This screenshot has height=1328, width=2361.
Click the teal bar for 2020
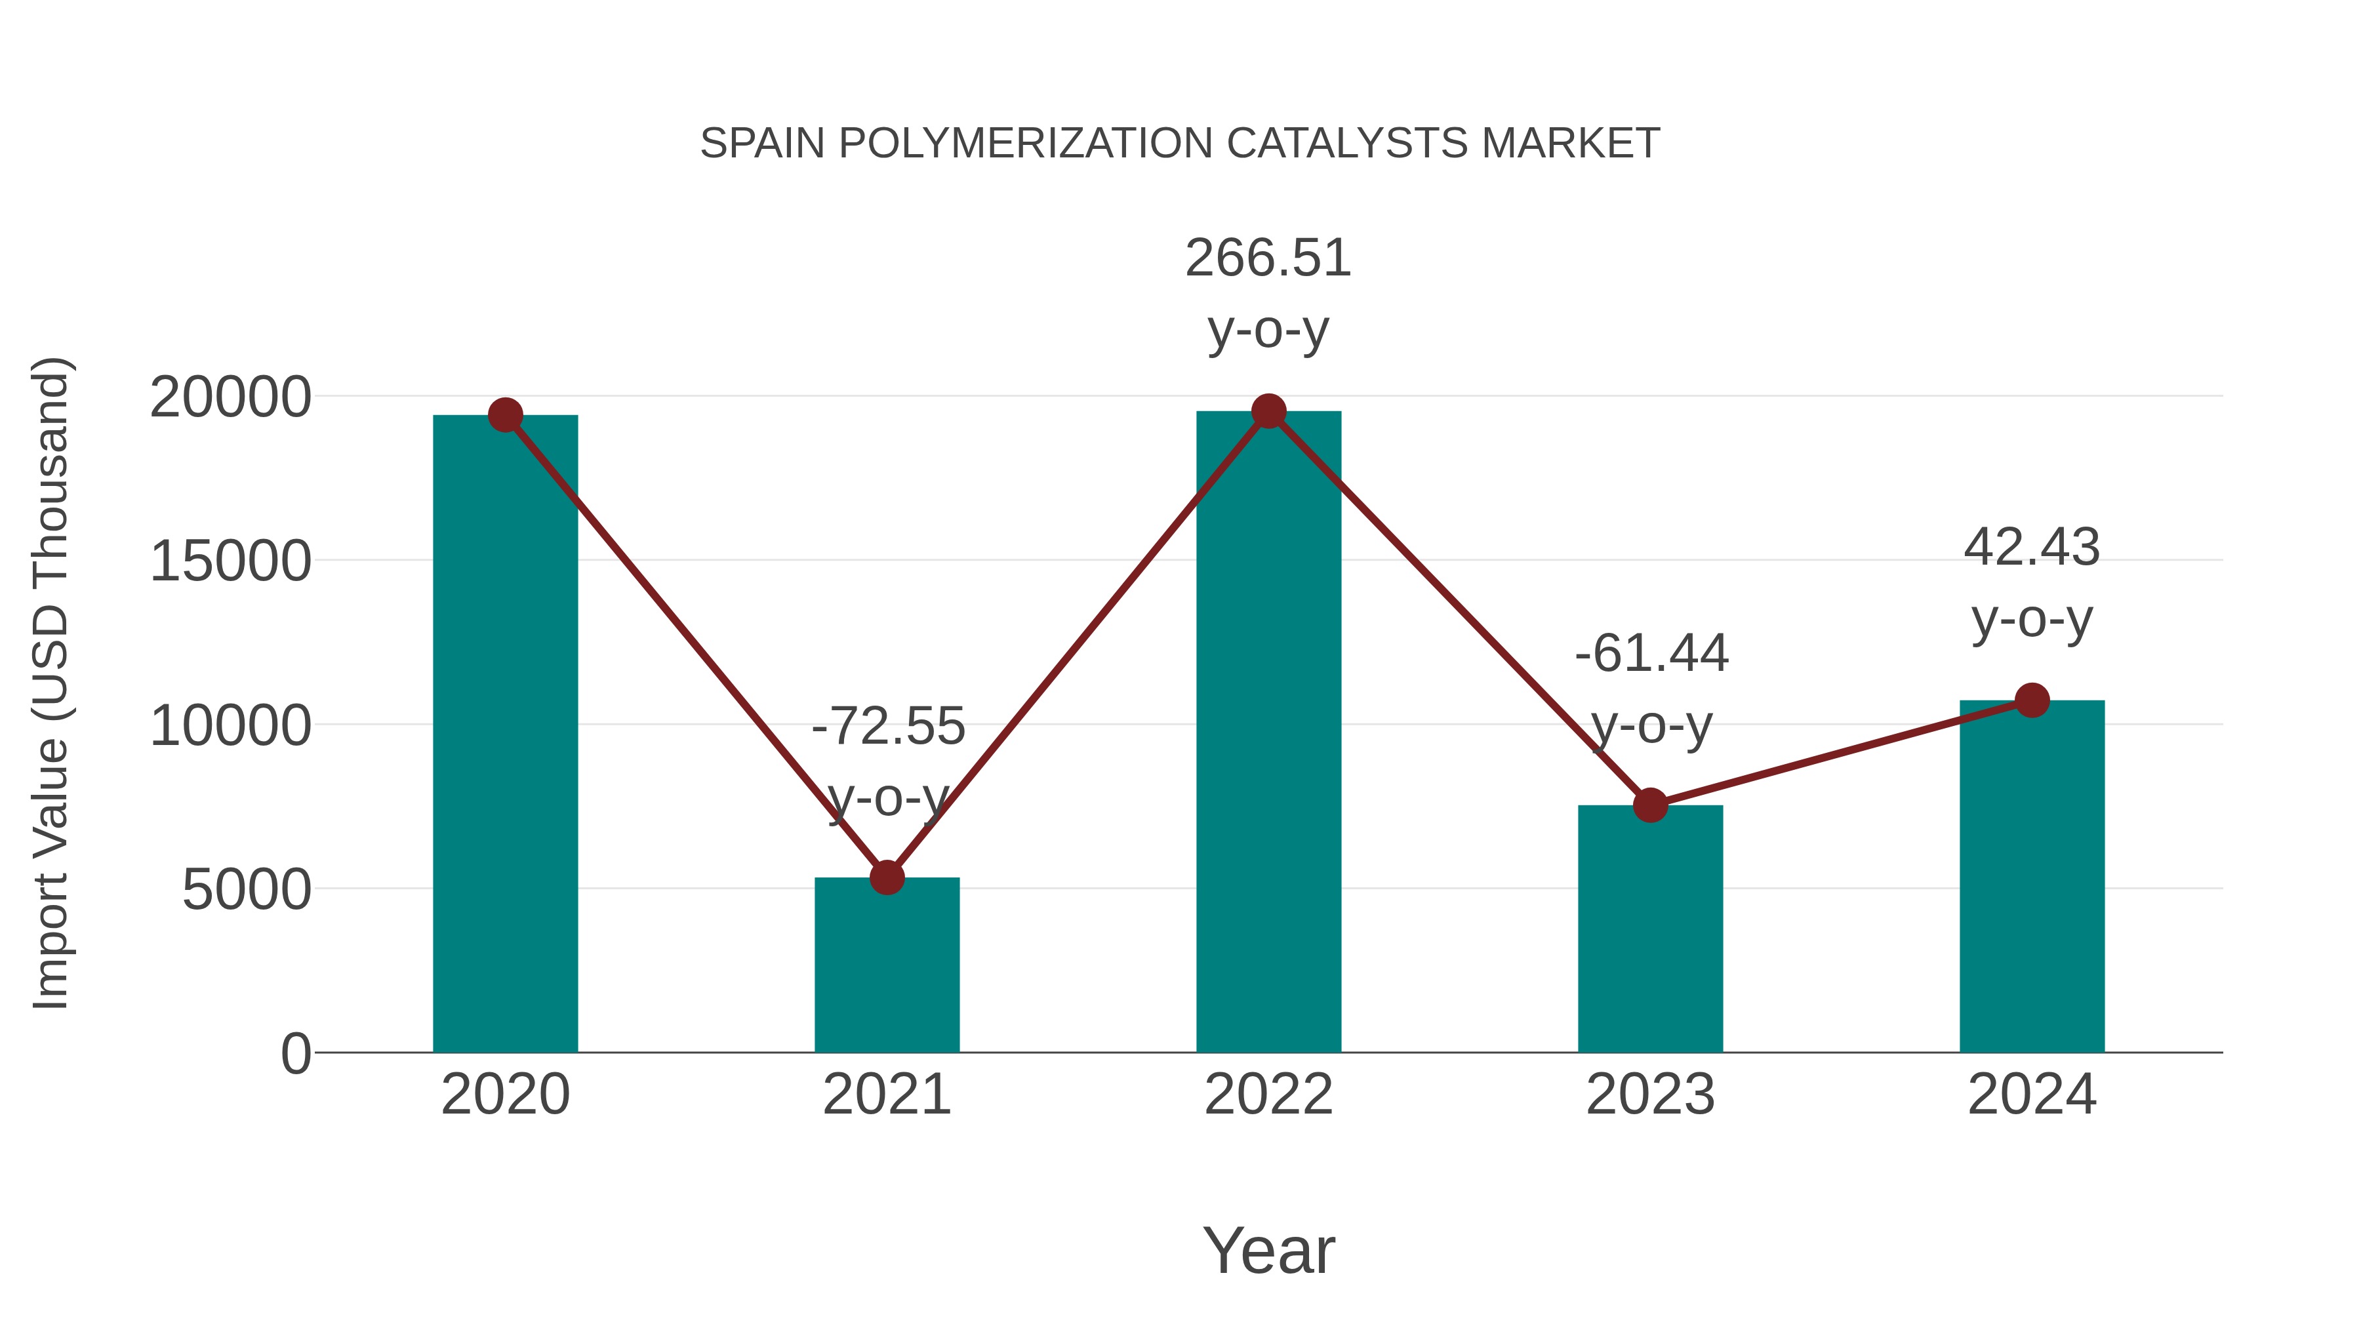point(505,733)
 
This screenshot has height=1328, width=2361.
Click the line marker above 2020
point(505,415)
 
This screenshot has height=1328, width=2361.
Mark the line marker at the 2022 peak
point(1268,411)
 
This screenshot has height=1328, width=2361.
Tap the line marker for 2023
point(1650,805)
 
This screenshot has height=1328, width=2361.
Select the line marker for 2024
point(2032,700)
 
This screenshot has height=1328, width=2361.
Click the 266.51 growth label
point(1268,258)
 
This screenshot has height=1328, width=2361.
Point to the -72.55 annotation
point(888,727)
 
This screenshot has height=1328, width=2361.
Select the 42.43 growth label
point(2031,548)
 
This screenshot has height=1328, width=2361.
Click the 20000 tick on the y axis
point(230,398)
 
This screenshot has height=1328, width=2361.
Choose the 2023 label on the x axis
point(1650,1095)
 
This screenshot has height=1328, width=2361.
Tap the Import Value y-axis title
point(50,683)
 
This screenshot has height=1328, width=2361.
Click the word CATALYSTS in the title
point(1347,144)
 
